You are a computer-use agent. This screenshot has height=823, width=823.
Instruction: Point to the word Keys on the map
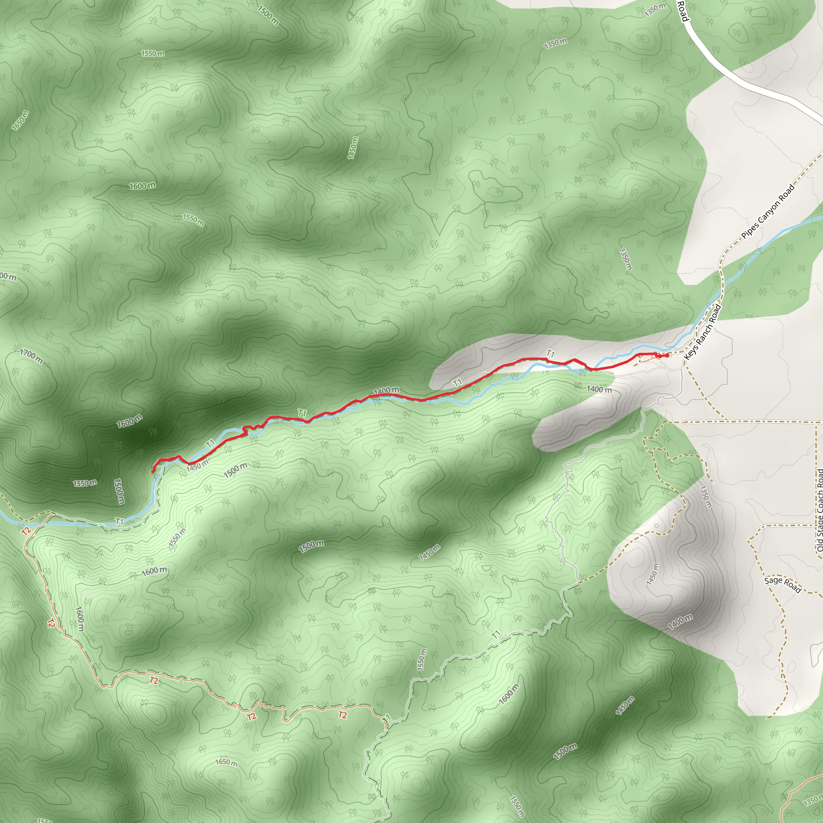[x=690, y=354]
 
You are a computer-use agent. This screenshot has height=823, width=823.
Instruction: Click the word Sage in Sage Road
[x=773, y=581]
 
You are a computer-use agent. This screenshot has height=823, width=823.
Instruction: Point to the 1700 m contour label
[x=31, y=356]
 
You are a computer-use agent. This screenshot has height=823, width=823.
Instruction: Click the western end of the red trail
[x=152, y=471]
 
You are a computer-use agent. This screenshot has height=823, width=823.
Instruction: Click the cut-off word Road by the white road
[x=682, y=11]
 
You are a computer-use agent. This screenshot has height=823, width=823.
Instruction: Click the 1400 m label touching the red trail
[x=386, y=390]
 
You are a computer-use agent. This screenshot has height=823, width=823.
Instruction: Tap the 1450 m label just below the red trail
[x=197, y=465]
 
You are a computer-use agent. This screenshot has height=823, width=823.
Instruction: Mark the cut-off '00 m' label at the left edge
[x=8, y=277]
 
